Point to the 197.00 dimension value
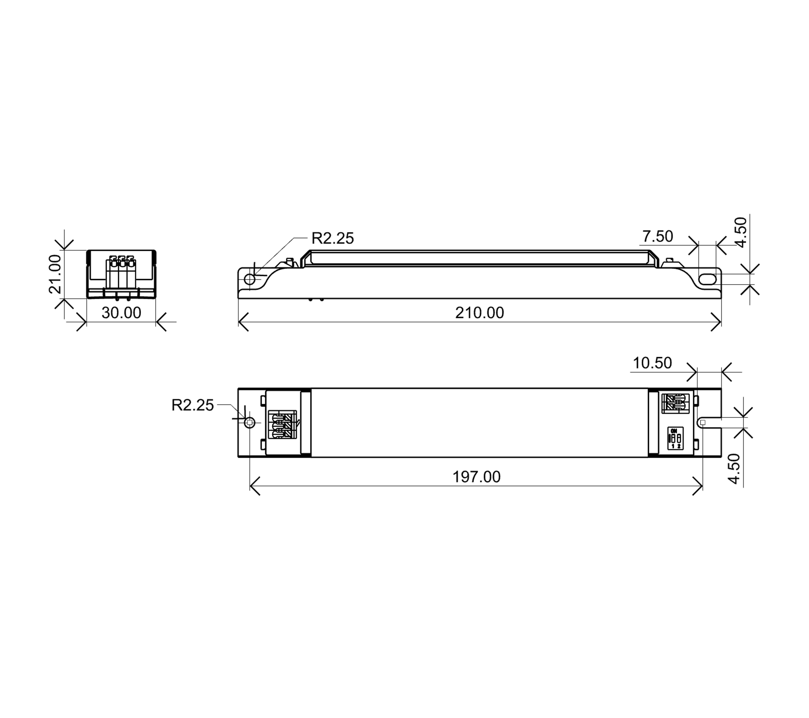coord(477,477)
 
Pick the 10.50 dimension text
coord(652,363)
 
